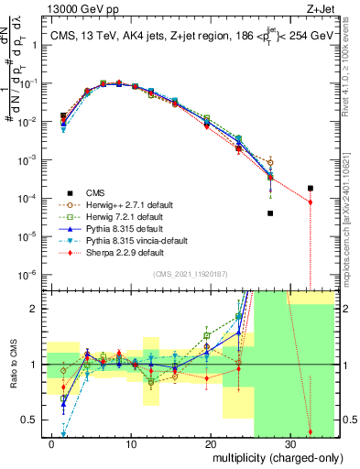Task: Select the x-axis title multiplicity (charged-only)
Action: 274,456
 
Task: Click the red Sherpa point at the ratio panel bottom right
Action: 310,431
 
